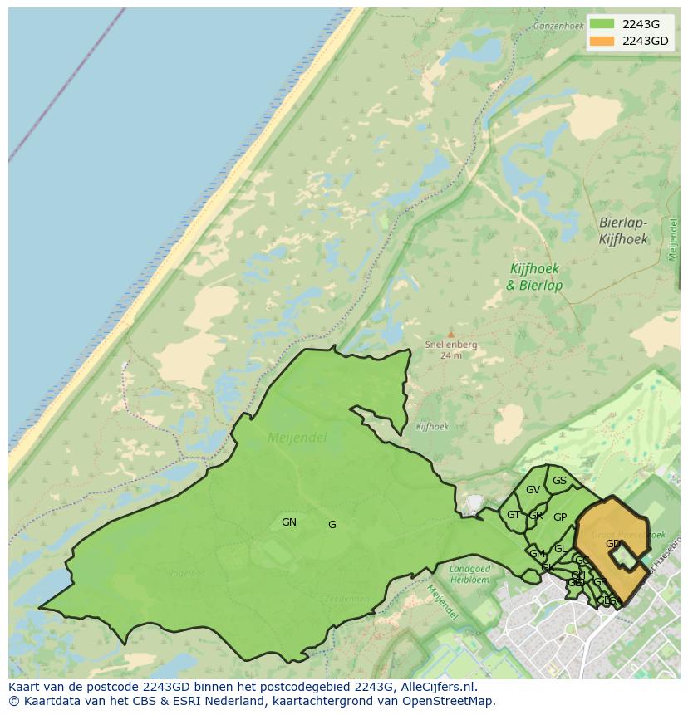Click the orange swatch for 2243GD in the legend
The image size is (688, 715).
pos(602,41)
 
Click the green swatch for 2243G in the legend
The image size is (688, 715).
pos(602,23)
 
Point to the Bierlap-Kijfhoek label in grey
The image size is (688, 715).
pos(623,231)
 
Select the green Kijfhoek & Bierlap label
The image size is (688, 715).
pos(534,277)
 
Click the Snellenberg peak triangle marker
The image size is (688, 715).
pos(451,334)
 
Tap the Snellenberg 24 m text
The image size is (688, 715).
pos(451,349)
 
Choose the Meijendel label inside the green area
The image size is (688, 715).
pos(297,437)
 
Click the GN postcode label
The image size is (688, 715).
pos(289,522)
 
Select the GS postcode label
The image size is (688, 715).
pos(559,481)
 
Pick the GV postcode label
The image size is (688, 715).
pos(533,490)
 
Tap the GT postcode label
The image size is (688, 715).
pos(514,515)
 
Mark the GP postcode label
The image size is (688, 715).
pos(560,517)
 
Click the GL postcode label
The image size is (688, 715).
pos(560,549)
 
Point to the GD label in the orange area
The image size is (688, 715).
pos(612,544)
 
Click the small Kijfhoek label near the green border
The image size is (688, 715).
pos(432,427)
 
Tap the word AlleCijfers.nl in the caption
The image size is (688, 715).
pos(436,687)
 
